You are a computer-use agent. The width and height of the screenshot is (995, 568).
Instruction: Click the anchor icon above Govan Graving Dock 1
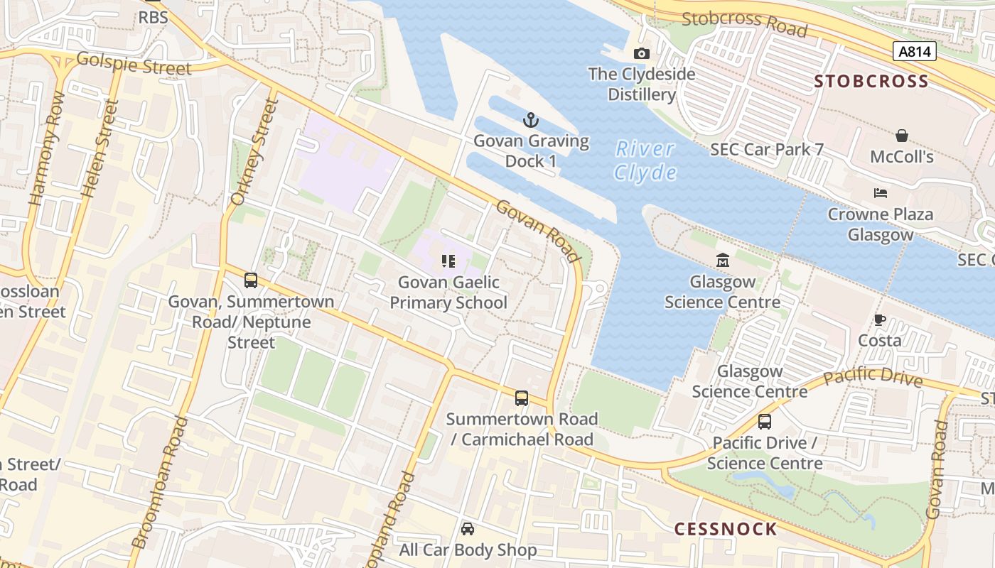pos(531,120)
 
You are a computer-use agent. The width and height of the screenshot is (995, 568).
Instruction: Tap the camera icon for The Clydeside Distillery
pos(641,54)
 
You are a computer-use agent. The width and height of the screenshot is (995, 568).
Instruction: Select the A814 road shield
pos(914,51)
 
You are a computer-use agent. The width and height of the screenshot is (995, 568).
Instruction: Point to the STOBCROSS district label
pos(871,81)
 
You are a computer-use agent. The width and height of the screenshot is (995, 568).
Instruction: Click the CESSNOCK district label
pos(726,529)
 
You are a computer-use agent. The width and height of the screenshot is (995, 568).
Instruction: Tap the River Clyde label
pos(645,160)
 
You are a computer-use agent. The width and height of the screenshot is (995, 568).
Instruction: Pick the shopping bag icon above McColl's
pos(901,136)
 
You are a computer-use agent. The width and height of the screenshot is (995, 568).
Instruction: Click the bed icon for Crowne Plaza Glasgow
pos(881,193)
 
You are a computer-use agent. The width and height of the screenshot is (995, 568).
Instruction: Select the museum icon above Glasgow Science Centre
pos(723,261)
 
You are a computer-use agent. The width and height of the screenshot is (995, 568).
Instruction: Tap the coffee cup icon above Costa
pos(879,319)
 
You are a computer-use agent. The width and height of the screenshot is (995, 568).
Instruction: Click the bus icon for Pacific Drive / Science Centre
pos(765,422)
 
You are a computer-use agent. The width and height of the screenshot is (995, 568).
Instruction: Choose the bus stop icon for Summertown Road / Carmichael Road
pos(522,398)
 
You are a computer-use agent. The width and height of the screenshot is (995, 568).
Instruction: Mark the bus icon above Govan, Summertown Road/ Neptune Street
pos(251,280)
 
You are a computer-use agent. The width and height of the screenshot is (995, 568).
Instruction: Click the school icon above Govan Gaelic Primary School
pos(448,261)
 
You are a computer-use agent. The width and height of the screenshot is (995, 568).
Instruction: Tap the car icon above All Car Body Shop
pos(468,529)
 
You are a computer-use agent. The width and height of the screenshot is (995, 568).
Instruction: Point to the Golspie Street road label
pos(134,64)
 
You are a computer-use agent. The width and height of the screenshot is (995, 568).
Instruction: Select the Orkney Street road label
pos(254,153)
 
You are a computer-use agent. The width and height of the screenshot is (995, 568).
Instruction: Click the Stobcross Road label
pos(744,23)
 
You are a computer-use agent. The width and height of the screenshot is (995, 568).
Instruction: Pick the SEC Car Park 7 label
pos(767,149)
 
